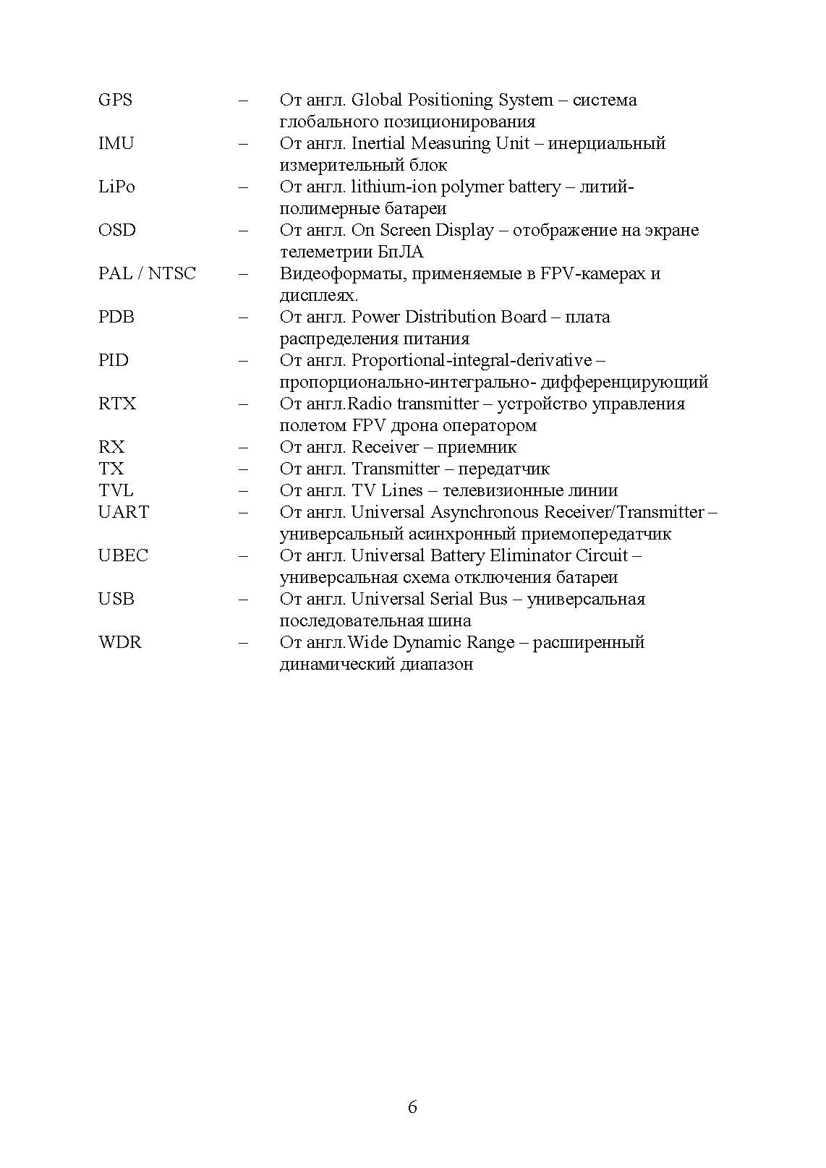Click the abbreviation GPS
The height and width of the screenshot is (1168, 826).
pos(115,100)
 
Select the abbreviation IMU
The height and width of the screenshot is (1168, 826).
pos(116,143)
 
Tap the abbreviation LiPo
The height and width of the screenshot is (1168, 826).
pos(116,187)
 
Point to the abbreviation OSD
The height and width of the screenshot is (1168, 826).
pos(116,230)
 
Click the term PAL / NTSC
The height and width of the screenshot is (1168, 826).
pos(147,273)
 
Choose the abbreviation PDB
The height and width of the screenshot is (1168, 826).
pos(116,317)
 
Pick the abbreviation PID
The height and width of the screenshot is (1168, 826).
pos(114,360)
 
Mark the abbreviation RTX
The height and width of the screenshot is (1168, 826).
pos(117,404)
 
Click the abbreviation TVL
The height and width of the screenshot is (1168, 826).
pos(116,490)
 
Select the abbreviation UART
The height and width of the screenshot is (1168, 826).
pos(124,512)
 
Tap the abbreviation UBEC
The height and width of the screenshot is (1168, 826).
pos(123,555)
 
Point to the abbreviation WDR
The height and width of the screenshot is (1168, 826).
pos(119,642)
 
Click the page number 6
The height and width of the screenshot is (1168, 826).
pos(412,1107)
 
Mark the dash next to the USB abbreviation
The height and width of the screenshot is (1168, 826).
pos(243,599)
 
